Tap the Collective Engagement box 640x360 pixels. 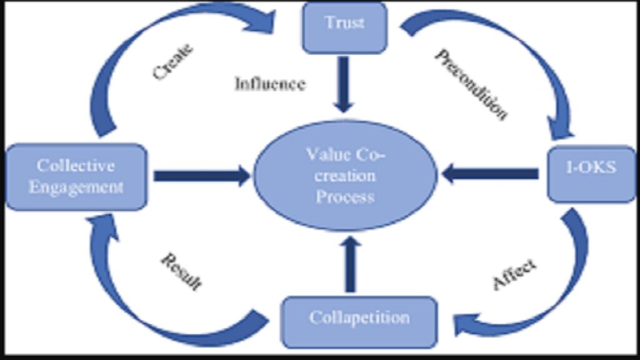pos(76,176)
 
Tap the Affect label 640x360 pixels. pos(514,274)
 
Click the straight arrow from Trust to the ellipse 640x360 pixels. pos(344,84)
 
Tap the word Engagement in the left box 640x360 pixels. pos(76,187)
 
